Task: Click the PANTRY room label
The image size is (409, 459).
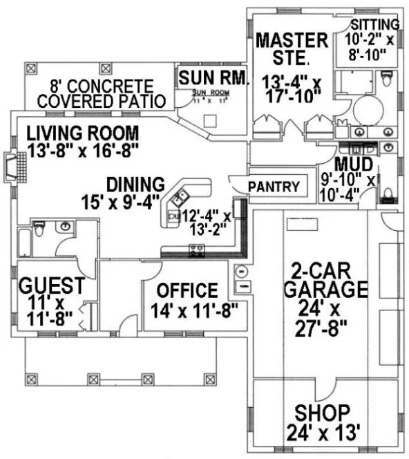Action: coord(274,186)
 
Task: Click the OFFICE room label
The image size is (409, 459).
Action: coord(187,290)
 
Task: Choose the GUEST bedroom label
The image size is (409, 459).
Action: coord(52,285)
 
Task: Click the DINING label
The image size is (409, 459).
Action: coord(135,185)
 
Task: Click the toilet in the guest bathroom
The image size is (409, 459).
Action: coord(39,227)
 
